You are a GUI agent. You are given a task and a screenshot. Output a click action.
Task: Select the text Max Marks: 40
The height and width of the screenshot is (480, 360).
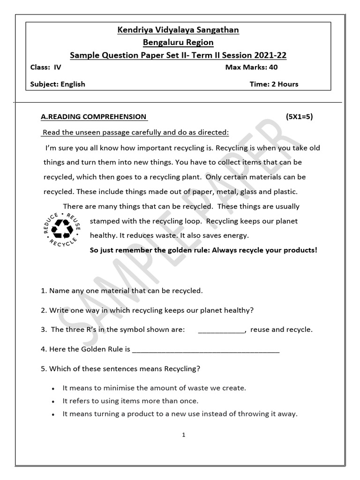tap(251, 67)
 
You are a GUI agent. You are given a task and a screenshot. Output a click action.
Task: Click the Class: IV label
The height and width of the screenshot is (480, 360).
tap(45, 67)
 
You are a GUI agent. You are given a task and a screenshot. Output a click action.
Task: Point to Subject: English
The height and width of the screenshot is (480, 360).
tap(58, 84)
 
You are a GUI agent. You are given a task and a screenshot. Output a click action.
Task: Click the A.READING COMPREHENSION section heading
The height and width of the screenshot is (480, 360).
tap(94, 117)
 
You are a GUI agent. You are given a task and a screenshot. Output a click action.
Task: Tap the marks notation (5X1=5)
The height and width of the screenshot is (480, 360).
tap(299, 117)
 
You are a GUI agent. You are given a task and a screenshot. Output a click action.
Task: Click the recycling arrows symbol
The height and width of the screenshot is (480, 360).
tap(62, 228)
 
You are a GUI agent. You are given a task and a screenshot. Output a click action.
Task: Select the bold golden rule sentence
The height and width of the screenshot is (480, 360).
tap(203, 250)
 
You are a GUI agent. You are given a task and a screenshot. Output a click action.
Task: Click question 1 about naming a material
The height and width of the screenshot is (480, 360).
tap(122, 291)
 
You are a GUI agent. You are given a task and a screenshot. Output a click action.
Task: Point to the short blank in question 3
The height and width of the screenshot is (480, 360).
tap(221, 330)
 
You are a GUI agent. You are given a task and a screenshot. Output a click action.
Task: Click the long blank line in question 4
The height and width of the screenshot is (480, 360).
tap(206, 350)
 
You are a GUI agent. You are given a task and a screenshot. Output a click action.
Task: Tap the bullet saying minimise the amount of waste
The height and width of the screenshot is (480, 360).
tap(154, 388)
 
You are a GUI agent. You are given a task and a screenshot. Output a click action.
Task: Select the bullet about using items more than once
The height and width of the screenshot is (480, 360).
tap(130, 401)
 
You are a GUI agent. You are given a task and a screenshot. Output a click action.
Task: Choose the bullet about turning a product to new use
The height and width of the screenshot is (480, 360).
tap(180, 414)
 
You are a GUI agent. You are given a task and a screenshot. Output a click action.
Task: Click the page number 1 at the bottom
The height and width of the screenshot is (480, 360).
tap(184, 435)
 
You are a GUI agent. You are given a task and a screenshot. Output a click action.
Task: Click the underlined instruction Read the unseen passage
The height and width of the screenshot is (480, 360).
tap(136, 133)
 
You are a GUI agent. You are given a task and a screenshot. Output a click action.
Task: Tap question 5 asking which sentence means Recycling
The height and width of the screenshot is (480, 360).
tap(120, 369)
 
